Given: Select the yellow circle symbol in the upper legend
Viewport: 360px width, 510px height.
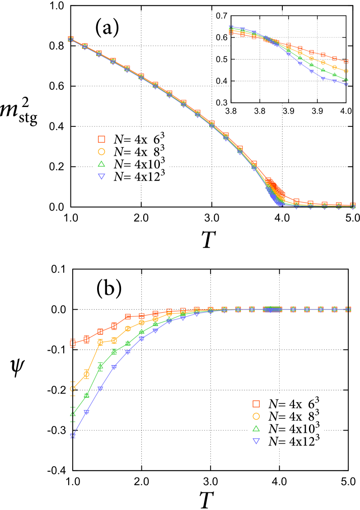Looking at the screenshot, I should pos(102,152).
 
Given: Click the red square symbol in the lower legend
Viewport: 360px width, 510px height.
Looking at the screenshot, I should pos(256,403).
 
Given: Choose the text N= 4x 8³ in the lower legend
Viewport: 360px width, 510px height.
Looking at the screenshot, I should pos(296,416).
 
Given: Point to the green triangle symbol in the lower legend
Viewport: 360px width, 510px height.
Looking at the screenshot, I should pos(256,428).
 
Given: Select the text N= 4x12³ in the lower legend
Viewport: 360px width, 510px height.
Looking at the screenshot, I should pos(296,441).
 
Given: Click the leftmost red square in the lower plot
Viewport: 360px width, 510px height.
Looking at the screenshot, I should pos(72,343).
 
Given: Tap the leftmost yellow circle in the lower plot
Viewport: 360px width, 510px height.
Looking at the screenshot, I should pos(72,389).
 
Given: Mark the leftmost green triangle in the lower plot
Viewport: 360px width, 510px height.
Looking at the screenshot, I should pos(72,414).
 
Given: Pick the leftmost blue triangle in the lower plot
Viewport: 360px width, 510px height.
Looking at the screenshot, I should pos(72,436).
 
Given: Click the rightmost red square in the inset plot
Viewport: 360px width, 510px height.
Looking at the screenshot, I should pos(346,61).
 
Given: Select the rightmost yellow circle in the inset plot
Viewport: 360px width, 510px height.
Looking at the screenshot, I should pos(346,71).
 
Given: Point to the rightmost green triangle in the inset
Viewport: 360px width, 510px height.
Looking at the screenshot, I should pos(346,80).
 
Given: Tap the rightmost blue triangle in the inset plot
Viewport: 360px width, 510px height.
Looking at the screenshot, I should pos(346,84).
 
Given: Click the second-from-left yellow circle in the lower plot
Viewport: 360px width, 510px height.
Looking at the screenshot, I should pos(86,374).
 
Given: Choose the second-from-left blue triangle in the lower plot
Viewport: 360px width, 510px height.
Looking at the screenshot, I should pos(86,412).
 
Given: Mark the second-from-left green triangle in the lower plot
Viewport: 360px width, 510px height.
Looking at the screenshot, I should pos(86,395).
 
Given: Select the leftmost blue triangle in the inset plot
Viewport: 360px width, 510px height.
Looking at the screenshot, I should pos(231,27).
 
